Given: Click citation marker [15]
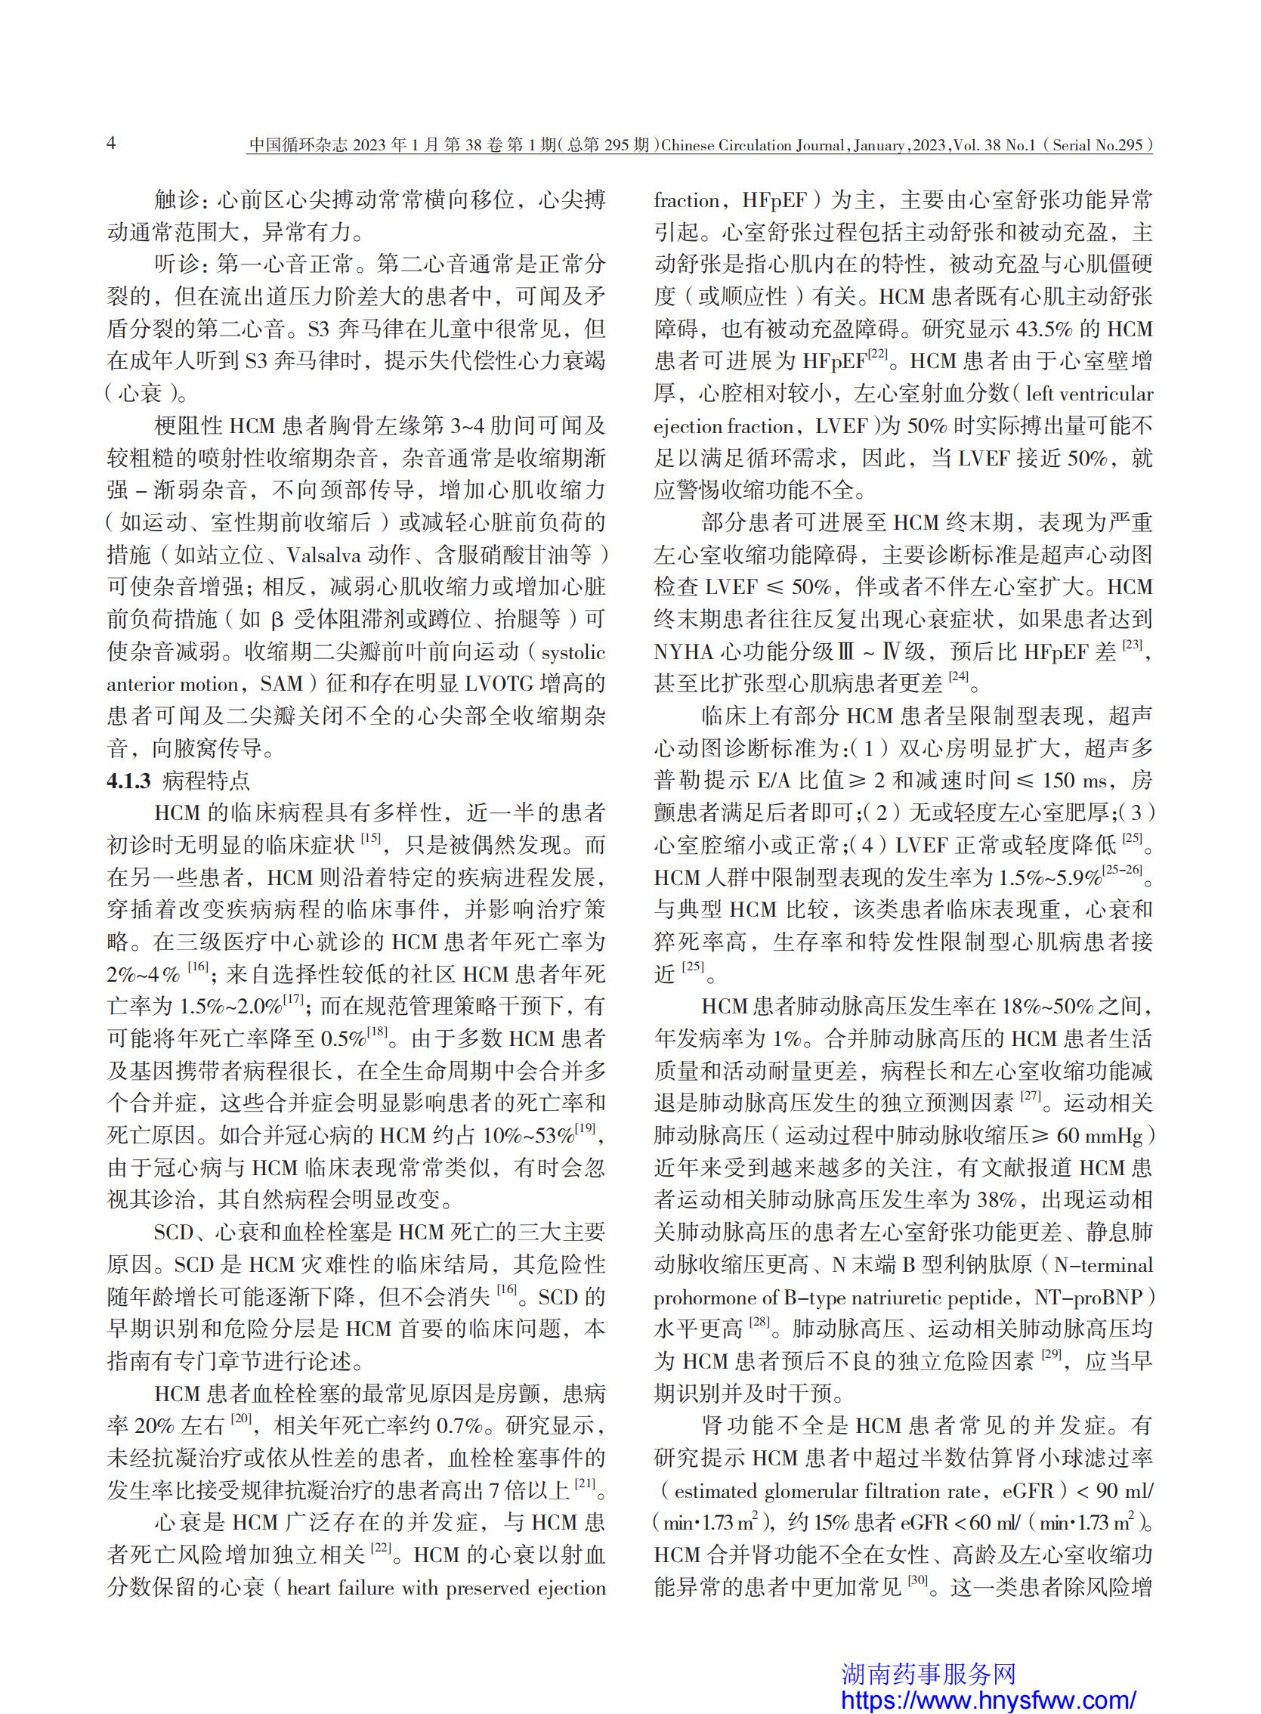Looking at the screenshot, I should (371, 839).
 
